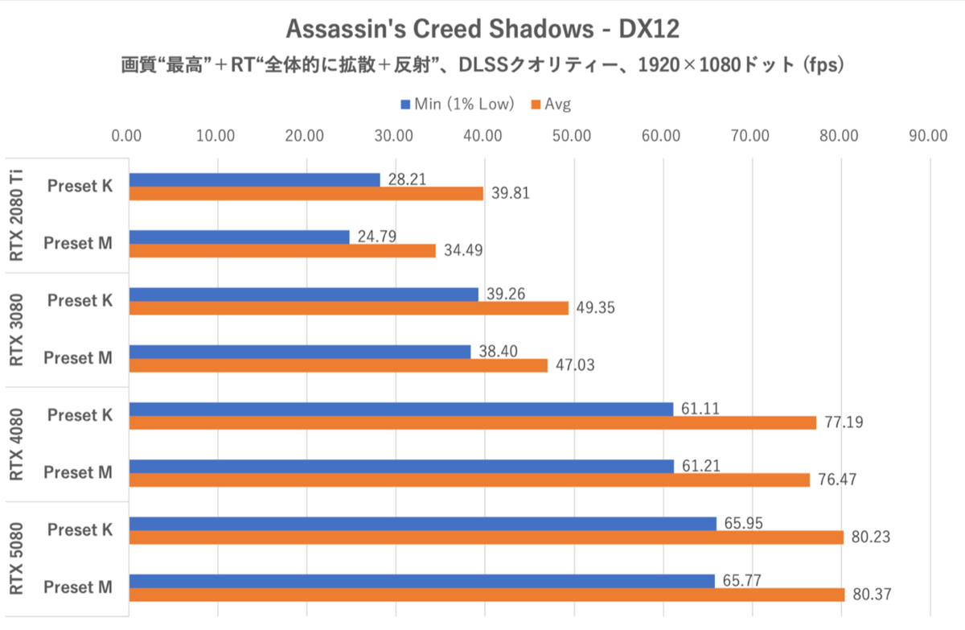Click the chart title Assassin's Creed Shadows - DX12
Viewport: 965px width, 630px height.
click(x=482, y=30)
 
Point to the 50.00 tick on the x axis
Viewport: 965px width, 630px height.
click(x=573, y=135)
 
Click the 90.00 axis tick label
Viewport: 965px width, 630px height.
click(x=929, y=135)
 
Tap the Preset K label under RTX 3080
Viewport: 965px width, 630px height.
click(x=80, y=300)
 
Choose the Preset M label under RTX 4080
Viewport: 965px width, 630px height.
click(x=78, y=472)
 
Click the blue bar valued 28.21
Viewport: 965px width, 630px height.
click(x=254, y=179)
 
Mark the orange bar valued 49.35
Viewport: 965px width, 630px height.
click(x=348, y=307)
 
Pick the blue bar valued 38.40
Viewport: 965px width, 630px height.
click(x=299, y=352)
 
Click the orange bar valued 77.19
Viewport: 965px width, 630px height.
click(x=472, y=422)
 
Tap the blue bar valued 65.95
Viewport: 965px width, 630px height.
click(x=422, y=524)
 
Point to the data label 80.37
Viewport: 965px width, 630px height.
click(x=870, y=595)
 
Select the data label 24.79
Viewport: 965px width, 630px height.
click(x=374, y=237)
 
